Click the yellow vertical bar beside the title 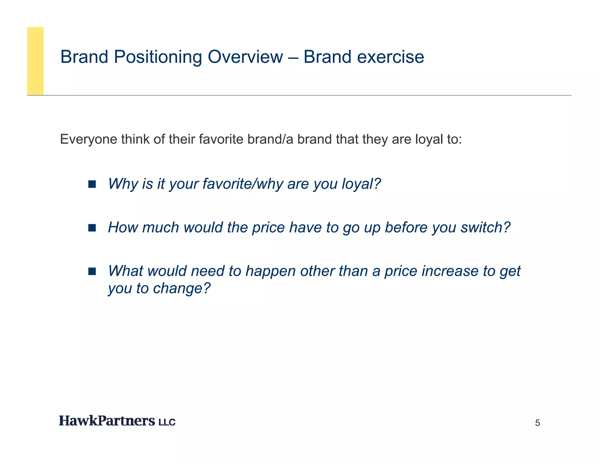coord(35,61)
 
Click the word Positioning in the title coord(158,57)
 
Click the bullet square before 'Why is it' coord(92,184)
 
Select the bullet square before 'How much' coord(92,228)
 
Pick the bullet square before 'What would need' coord(92,271)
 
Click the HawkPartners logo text coord(107,421)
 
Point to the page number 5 coord(537,423)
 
